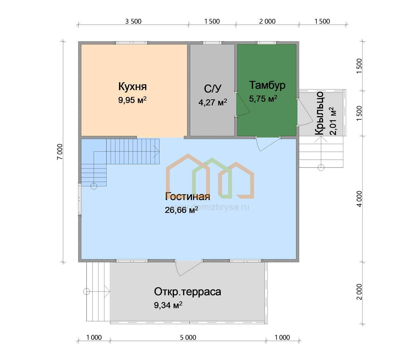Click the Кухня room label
pyautogui.click(x=132, y=86)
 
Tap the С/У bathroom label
pyautogui.click(x=213, y=89)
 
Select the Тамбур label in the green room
pyautogui.click(x=267, y=85)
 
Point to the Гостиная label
pyautogui.click(x=188, y=197)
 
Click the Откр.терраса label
pyautogui.click(x=187, y=292)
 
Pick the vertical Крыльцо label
pyautogui.click(x=319, y=113)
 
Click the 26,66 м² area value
pyautogui.click(x=181, y=210)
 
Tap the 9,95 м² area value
pyautogui.click(x=132, y=100)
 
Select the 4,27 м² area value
pyautogui.click(x=213, y=102)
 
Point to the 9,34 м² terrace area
pyautogui.click(x=168, y=305)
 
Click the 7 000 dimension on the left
pyautogui.click(x=60, y=152)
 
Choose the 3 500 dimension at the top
pyautogui.click(x=133, y=21)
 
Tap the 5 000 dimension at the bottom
pyautogui.click(x=188, y=337)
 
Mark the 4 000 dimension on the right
pyautogui.click(x=359, y=199)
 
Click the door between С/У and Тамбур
pyautogui.click(x=242, y=104)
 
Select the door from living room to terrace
pyautogui.click(x=188, y=268)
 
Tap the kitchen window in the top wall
pyautogui.click(x=132, y=43)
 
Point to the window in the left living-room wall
pyautogui.click(x=80, y=199)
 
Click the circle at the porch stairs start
pyautogui.click(x=321, y=168)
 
